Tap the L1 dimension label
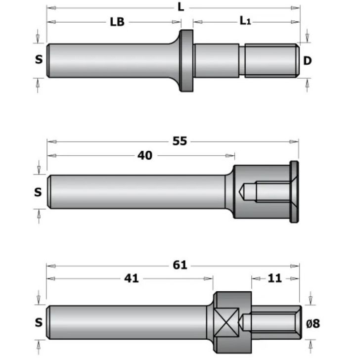click(246, 21)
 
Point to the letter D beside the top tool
click(307, 61)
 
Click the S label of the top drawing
click(39, 60)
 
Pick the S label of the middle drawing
click(38, 192)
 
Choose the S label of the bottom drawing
click(39, 323)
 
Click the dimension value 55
click(180, 141)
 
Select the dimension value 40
click(144, 155)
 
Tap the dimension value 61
click(180, 266)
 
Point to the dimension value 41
click(131, 279)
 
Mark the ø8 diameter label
click(313, 324)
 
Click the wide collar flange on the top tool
click(186, 60)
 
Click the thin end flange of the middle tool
click(294, 192)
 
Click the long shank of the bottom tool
click(129, 323)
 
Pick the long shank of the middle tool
click(138, 192)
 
